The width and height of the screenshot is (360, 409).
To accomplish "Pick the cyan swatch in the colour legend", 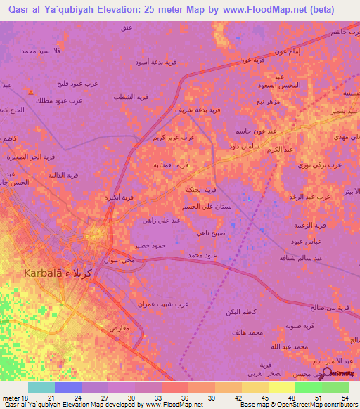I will (x=41, y=387).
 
